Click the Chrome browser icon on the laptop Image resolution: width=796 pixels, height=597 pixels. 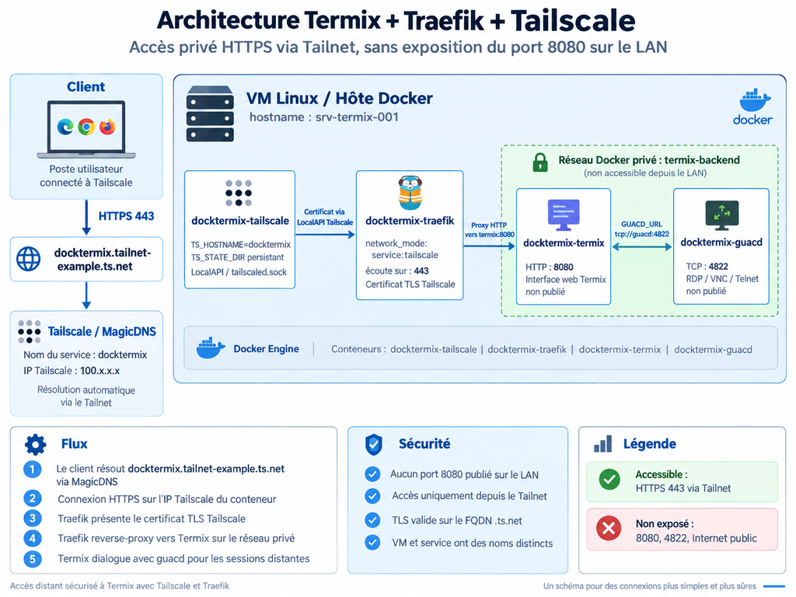coord(86,127)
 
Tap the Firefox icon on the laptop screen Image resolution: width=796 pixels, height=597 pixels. coord(107,127)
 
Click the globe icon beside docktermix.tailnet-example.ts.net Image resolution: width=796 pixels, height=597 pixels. coord(29,259)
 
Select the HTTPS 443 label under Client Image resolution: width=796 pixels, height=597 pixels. coord(126,216)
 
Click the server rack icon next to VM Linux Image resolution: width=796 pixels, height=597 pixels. coord(210,113)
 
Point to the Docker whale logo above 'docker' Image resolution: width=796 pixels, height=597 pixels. coord(755,100)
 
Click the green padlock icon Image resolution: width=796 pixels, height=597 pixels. coord(540,162)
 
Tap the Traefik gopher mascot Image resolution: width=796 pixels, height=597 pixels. coord(410,193)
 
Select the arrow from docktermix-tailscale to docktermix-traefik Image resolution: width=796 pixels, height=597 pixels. coord(325,235)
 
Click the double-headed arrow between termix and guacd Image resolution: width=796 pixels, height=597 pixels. coord(641,246)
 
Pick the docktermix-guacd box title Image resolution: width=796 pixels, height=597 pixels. coord(721,243)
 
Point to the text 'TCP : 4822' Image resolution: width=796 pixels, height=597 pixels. coord(707,267)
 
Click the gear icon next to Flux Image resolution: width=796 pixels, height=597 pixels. coord(36,445)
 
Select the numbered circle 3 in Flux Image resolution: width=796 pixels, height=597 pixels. coord(33,518)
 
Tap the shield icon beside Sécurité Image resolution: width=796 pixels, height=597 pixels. coord(374,445)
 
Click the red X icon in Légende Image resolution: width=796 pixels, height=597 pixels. coord(609,529)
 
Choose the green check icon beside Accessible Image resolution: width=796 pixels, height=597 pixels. coord(609,479)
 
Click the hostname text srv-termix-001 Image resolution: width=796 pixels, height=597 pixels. coord(357,117)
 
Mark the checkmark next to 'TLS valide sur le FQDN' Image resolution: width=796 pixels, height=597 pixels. coord(372,520)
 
